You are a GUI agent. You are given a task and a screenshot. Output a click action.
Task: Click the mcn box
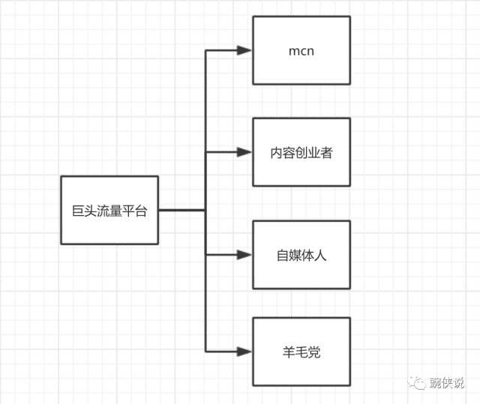301,50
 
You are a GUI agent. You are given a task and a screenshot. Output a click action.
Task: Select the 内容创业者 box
301,151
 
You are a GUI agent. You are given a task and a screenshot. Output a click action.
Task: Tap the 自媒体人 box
301,255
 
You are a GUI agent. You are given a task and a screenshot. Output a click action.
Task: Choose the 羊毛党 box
301,351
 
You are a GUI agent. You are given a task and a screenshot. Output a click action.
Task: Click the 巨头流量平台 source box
109,210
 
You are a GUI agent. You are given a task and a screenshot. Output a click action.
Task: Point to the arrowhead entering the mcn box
244,50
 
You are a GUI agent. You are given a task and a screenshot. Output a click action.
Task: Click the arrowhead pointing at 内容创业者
244,152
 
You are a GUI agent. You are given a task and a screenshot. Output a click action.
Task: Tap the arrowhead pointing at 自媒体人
244,255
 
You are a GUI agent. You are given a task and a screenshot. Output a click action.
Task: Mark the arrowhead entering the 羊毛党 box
244,351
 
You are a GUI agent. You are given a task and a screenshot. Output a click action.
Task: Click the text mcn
301,52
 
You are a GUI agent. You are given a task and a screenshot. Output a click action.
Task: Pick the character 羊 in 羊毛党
288,352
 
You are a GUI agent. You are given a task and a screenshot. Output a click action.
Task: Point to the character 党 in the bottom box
314,352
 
